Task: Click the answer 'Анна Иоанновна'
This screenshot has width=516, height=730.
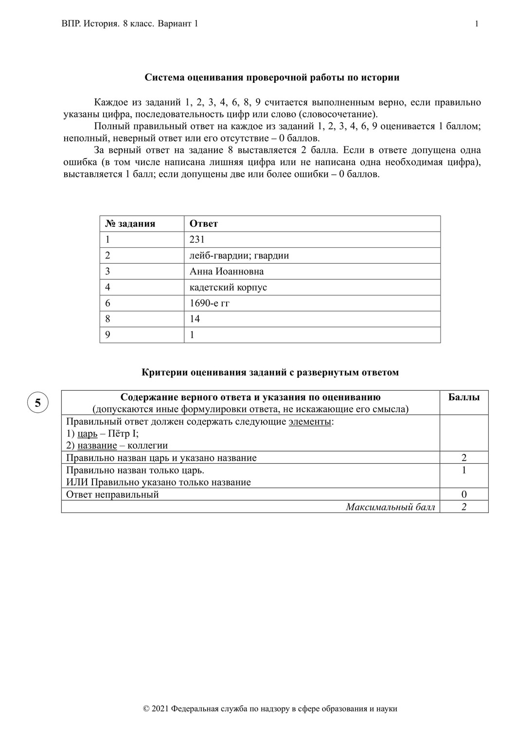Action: pyautogui.click(x=226, y=271)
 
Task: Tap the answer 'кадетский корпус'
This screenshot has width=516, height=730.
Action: pyautogui.click(x=228, y=287)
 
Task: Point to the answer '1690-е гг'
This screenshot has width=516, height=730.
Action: pyautogui.click(x=209, y=303)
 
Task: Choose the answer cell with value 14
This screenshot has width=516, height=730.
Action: pyautogui.click(x=195, y=319)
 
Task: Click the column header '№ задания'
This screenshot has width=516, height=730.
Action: pyautogui.click(x=130, y=224)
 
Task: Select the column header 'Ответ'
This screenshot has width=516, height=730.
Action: pyautogui.click(x=203, y=224)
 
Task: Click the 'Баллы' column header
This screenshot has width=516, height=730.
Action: pyautogui.click(x=463, y=397)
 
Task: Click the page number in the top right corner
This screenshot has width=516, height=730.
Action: pyautogui.click(x=477, y=24)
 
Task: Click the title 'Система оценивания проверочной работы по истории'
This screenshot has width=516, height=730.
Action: pyautogui.click(x=272, y=77)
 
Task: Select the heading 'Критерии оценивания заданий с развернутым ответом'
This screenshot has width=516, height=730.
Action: pyautogui.click(x=270, y=372)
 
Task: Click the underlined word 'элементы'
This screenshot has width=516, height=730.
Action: pyautogui.click(x=310, y=421)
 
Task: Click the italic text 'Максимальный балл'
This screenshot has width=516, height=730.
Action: pyautogui.click(x=391, y=507)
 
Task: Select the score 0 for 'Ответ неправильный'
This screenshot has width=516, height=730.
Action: pyautogui.click(x=464, y=494)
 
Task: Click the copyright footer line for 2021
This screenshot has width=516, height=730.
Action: pyautogui.click(x=270, y=709)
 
